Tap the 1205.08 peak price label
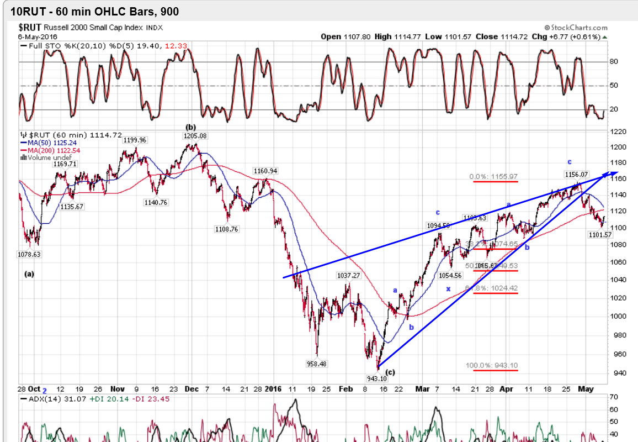coord(195,135)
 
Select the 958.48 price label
coord(316,364)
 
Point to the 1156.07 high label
coord(576,174)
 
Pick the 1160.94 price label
coord(265,171)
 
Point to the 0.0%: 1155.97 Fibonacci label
coord(493,177)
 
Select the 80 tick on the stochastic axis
coord(613,62)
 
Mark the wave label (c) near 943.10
coord(390,372)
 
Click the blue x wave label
coord(448,288)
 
